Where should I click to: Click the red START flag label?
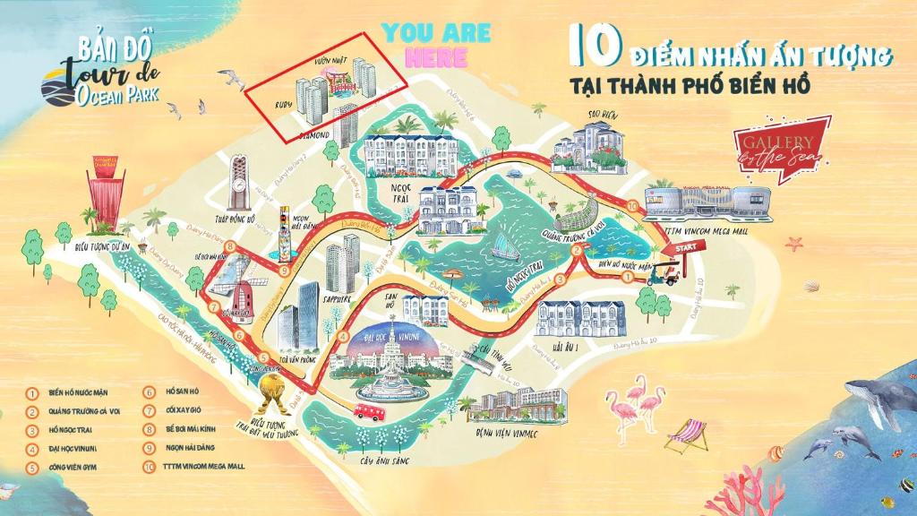point(685,246)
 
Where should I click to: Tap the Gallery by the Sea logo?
point(775,151)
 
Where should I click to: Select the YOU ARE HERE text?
point(436,46)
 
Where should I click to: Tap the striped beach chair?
point(686,435)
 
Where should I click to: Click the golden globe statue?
point(272,388)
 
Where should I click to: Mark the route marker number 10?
point(634,207)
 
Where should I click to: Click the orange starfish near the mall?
point(793,244)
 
